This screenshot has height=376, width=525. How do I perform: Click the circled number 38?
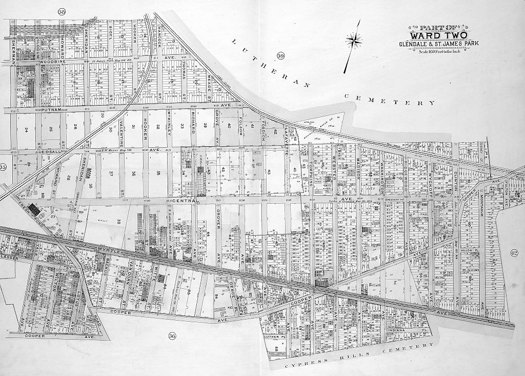coord(63,12)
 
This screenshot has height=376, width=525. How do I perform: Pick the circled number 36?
coord(172,336)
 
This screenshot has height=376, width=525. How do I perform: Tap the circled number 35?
coord(3,167)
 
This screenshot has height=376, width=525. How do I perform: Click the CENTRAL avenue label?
coord(183,201)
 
